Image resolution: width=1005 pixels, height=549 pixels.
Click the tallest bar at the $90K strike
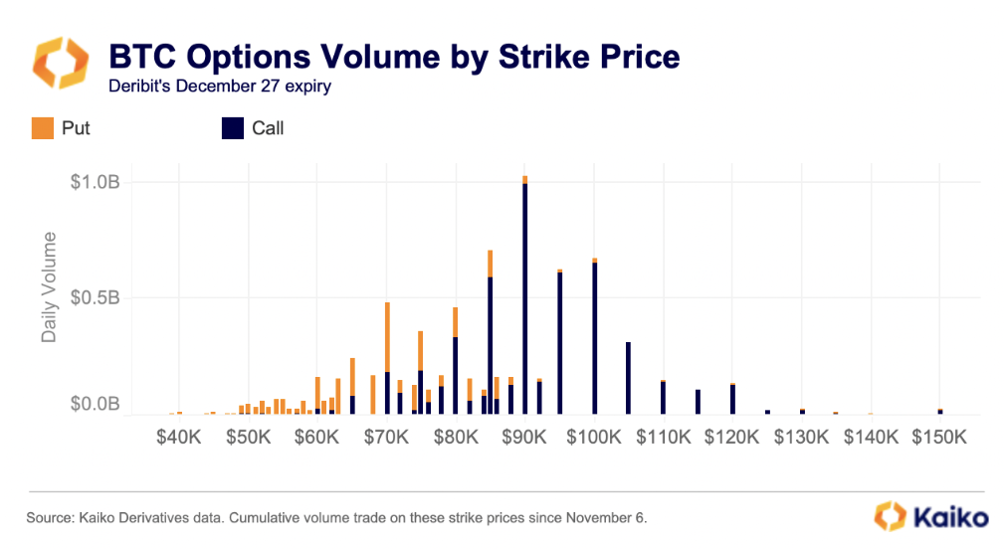click(524, 298)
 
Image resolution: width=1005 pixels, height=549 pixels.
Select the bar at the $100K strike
click(594, 338)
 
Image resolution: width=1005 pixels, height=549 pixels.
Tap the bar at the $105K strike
click(628, 378)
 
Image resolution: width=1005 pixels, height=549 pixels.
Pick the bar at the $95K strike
click(559, 343)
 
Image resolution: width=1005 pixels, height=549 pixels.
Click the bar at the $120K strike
click(732, 399)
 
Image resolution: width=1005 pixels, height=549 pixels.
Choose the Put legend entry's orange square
click(42, 128)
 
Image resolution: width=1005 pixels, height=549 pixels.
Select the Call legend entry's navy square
click(231, 128)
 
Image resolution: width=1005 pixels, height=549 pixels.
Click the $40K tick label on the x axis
click(179, 437)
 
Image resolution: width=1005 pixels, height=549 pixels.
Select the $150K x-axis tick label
click(940, 437)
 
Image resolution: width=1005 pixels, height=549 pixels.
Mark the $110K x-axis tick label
click(664, 437)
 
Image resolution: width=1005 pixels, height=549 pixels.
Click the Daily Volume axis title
click(49, 287)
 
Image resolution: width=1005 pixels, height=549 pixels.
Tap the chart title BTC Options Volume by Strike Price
click(393, 56)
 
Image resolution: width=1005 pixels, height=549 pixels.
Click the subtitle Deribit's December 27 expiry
click(219, 86)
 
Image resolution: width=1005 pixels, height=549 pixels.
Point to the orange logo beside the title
click(62, 64)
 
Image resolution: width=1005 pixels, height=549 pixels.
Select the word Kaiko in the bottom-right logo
click(950, 518)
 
